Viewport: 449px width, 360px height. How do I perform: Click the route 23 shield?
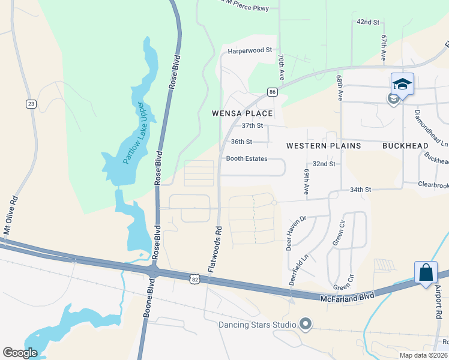(x=31, y=104)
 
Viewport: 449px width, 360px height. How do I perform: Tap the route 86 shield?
(x=273, y=92)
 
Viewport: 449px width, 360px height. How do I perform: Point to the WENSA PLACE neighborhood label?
(x=243, y=113)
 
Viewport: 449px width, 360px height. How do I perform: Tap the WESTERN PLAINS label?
(x=324, y=146)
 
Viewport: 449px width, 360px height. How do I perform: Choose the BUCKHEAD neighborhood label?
(x=405, y=146)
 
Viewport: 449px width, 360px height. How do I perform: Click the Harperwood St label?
(x=250, y=51)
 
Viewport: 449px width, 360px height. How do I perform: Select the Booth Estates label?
(x=246, y=159)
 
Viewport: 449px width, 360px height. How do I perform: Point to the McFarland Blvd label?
(x=348, y=296)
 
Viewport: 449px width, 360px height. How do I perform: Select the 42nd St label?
(x=368, y=22)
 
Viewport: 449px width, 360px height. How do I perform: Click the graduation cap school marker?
(x=402, y=84)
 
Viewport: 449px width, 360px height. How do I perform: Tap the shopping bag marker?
(x=426, y=272)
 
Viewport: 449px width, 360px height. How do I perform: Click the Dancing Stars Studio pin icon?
(x=306, y=325)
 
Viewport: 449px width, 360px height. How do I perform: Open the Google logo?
(x=20, y=353)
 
